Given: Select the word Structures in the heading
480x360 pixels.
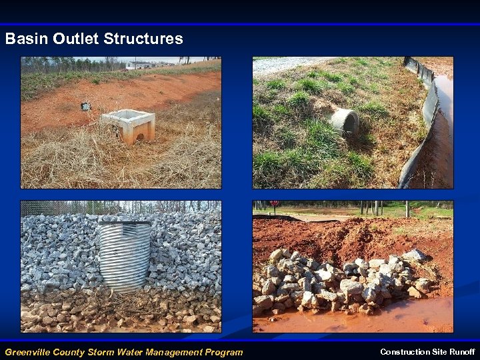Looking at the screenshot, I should tap(143, 39).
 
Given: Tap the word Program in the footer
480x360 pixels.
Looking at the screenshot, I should tap(225, 352).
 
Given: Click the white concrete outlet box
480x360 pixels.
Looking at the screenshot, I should tap(129, 124).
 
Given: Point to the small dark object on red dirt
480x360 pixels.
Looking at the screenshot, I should tap(85, 106).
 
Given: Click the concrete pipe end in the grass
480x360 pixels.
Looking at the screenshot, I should tap(345, 121).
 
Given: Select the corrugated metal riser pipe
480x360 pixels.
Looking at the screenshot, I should tap(125, 256).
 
